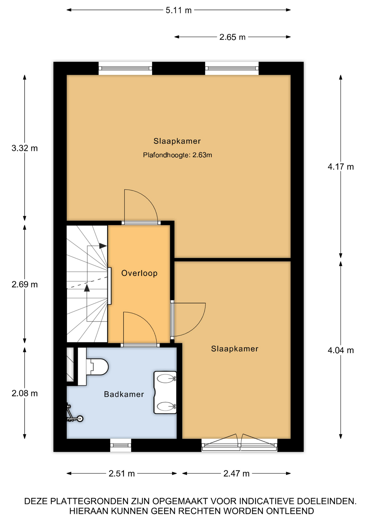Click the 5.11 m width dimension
click(x=179, y=10)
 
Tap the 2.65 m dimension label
click(x=232, y=37)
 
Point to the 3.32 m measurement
click(x=25, y=148)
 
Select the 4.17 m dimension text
click(x=341, y=167)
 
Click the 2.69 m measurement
click(x=25, y=284)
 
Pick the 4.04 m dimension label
click(x=341, y=350)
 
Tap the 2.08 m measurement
click(x=25, y=393)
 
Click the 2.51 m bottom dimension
click(x=122, y=474)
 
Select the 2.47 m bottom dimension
click(x=236, y=474)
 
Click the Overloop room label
click(x=139, y=273)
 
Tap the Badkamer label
click(x=124, y=394)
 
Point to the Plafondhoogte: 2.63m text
click(x=177, y=155)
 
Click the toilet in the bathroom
click(x=93, y=367)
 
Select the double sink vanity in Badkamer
click(x=165, y=392)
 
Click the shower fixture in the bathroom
click(x=74, y=414)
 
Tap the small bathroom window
click(x=121, y=445)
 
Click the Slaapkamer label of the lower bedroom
click(x=235, y=349)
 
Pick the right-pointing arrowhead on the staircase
click(x=103, y=246)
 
